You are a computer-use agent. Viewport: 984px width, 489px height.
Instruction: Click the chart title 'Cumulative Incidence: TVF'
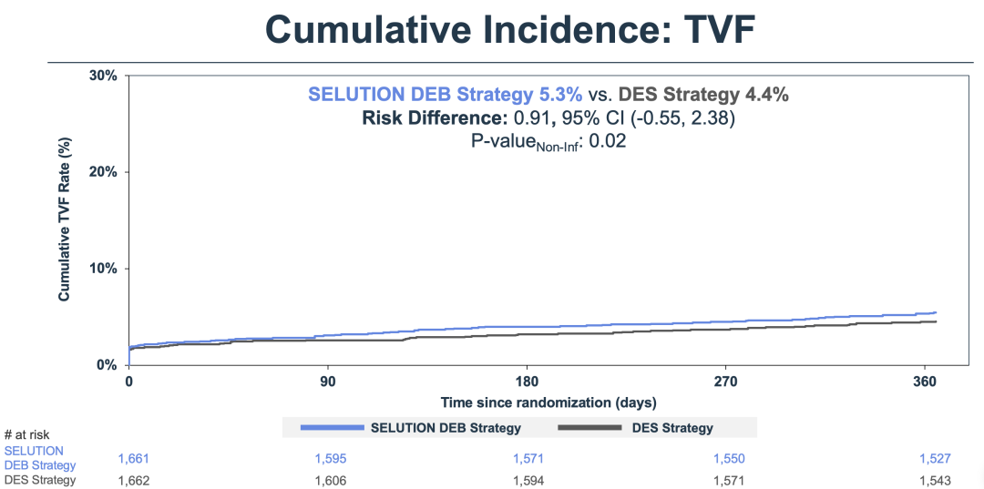[509, 29]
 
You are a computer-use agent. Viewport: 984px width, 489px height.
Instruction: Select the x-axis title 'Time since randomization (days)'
[548, 402]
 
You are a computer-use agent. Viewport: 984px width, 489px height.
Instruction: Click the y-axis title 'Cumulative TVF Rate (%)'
[65, 219]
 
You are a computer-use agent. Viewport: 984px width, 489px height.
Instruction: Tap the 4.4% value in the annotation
[766, 95]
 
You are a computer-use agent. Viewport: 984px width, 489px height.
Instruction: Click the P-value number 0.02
[611, 141]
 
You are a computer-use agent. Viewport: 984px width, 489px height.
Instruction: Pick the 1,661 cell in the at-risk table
[133, 458]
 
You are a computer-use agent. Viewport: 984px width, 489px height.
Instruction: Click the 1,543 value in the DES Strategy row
[935, 480]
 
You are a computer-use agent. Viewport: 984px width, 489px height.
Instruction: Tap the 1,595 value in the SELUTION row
[330, 458]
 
